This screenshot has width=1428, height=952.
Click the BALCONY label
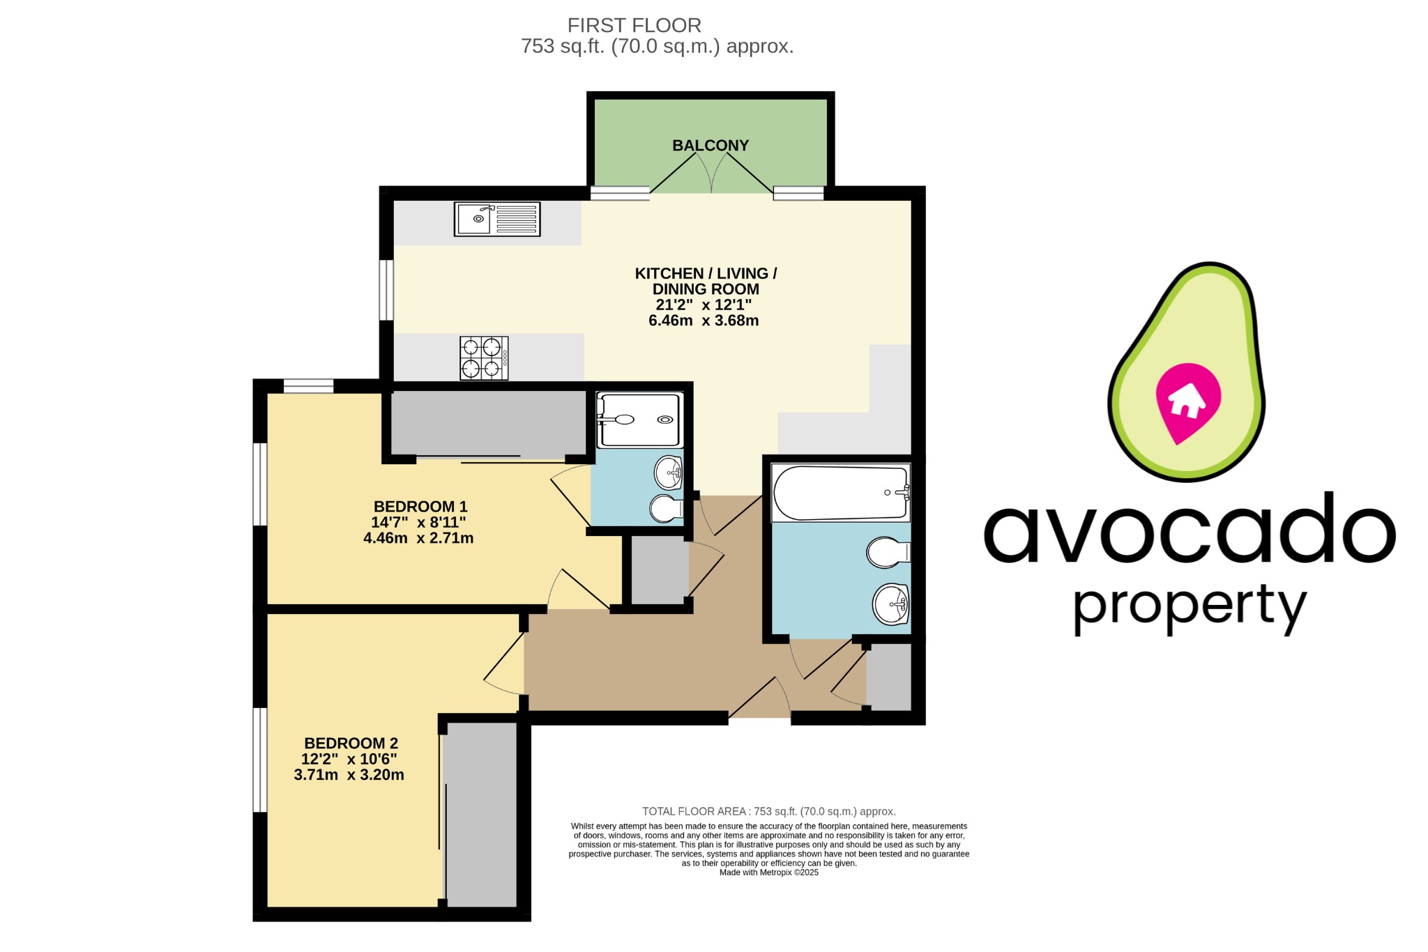pyautogui.click(x=710, y=146)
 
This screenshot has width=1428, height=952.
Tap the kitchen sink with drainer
pyautogui.click(x=497, y=219)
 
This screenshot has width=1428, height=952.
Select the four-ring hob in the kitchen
pyautogui.click(x=484, y=358)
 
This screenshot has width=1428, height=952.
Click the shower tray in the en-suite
pyautogui.click(x=639, y=420)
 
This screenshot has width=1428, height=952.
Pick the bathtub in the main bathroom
pyautogui.click(x=840, y=493)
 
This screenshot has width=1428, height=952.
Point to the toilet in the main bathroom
pyautogui.click(x=888, y=553)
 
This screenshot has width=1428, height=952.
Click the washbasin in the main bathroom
pyautogui.click(x=890, y=604)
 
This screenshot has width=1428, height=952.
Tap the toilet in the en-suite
pyautogui.click(x=666, y=509)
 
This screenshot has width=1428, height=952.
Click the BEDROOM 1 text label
pyautogui.click(x=420, y=507)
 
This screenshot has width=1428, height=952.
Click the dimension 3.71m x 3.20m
pyautogui.click(x=349, y=775)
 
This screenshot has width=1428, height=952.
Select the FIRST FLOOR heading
pyautogui.click(x=634, y=26)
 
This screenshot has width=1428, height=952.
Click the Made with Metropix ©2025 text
pyautogui.click(x=768, y=873)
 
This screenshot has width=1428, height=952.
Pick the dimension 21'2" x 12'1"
pyautogui.click(x=703, y=305)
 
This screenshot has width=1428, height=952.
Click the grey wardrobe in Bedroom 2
pyautogui.click(x=481, y=814)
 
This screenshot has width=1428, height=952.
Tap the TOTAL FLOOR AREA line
pyautogui.click(x=768, y=811)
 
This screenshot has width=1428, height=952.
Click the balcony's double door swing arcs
pyautogui.click(x=711, y=174)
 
